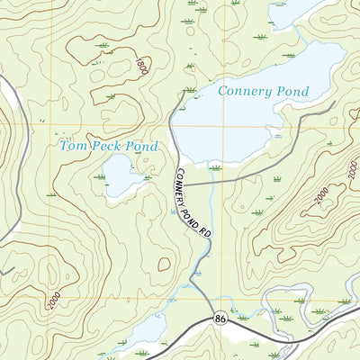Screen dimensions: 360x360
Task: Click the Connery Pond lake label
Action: pyautogui.click(x=263, y=92)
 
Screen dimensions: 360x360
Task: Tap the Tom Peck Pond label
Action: pyautogui.click(x=108, y=146)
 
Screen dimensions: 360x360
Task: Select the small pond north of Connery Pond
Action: pyautogui.click(x=292, y=12)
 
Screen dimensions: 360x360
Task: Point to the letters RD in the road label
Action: pyautogui.click(x=206, y=232)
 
